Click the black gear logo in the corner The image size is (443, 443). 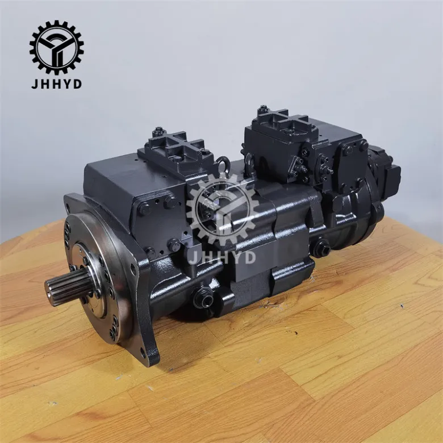(56, 47)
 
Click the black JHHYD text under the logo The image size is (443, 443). (56, 84)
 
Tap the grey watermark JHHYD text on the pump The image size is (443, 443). (221, 257)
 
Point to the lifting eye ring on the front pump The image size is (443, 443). (223, 164)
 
